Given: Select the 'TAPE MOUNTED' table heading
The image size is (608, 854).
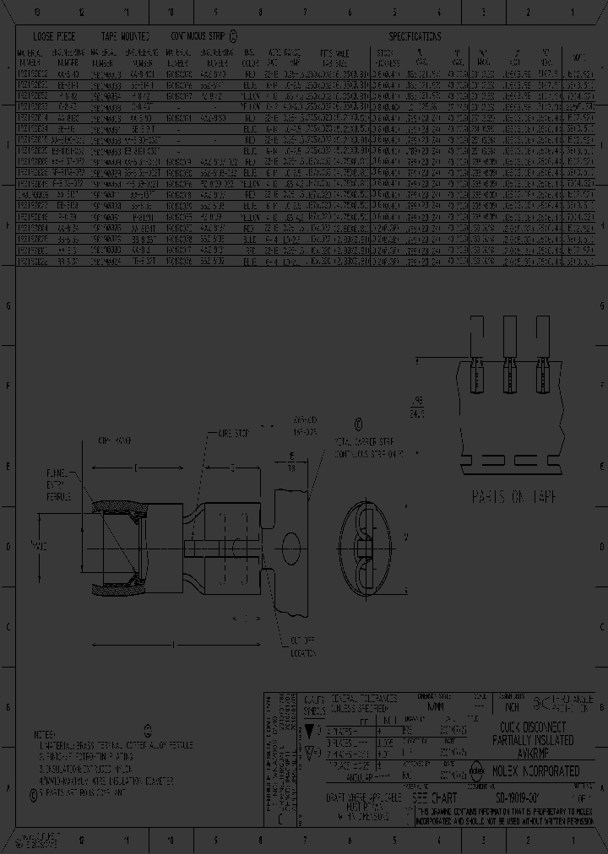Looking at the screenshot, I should (125, 37).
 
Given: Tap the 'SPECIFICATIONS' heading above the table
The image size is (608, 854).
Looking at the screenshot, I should (414, 37).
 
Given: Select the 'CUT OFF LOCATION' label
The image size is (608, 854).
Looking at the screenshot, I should (304, 648).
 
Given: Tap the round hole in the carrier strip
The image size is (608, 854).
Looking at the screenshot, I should (291, 540).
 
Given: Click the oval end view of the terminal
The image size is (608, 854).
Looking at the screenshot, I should (368, 538).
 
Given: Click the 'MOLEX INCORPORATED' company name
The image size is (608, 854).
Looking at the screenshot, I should (535, 770).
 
